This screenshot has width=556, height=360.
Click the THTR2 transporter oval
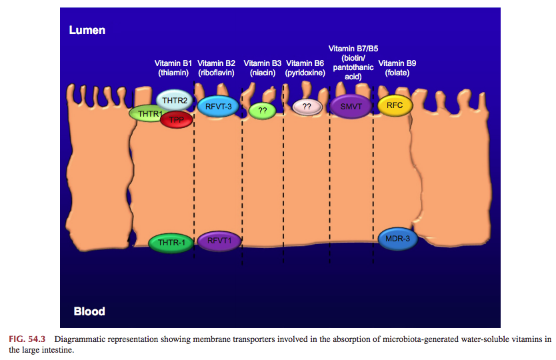(x=175, y=100)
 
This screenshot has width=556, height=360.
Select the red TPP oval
(x=177, y=120)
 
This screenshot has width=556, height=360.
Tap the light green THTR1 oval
(x=145, y=114)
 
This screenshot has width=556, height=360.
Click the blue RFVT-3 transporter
(x=218, y=107)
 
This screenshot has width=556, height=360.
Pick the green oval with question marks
(x=263, y=111)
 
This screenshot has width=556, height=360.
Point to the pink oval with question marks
(x=307, y=107)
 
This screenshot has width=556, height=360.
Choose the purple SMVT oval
(x=351, y=107)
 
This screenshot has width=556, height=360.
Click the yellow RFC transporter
(x=395, y=105)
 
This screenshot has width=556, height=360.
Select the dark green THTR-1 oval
(x=171, y=243)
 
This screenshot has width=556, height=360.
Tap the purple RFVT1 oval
(x=219, y=241)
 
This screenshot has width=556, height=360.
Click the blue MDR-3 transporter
(x=397, y=239)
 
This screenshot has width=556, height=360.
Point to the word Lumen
(x=87, y=30)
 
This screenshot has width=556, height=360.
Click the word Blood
(x=89, y=311)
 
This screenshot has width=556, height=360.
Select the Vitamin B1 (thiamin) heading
(x=173, y=68)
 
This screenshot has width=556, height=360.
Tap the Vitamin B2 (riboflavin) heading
(x=216, y=68)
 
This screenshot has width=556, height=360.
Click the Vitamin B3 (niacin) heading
(x=263, y=68)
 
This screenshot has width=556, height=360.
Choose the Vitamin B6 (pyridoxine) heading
(x=305, y=68)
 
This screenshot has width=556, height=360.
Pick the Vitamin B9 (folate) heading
(x=397, y=68)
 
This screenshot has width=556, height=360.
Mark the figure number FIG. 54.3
(x=27, y=339)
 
